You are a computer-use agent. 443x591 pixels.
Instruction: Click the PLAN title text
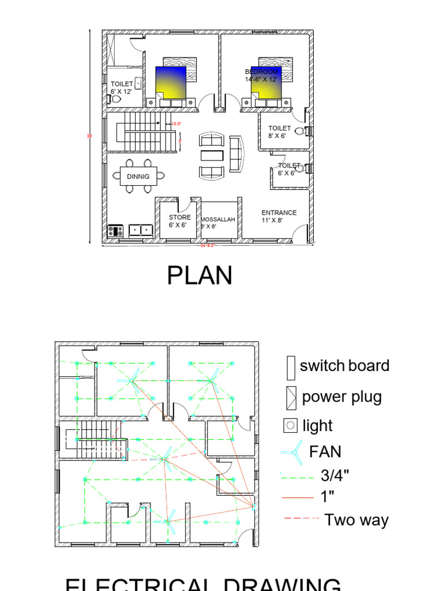[200, 276]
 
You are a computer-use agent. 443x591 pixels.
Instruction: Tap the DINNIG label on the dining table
[138, 176]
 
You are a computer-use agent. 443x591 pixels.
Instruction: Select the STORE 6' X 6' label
[179, 221]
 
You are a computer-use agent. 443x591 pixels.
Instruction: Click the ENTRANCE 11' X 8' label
[279, 216]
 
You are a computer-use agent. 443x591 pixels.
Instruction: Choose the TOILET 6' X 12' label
[122, 88]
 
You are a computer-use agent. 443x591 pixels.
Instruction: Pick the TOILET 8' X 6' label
[279, 132]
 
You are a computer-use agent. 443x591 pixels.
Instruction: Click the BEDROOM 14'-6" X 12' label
[261, 76]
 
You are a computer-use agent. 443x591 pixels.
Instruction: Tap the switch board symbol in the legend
[290, 366]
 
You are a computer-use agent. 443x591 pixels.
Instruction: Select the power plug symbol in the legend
[290, 398]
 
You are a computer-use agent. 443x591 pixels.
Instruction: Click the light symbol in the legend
[290, 427]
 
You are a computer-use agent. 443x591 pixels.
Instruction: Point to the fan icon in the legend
[291, 452]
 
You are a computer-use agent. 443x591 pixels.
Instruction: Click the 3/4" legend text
[335, 476]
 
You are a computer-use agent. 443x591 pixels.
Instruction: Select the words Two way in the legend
[356, 520]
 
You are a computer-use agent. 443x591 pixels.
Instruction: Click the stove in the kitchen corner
[115, 231]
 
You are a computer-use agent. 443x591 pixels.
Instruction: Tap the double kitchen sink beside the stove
[141, 230]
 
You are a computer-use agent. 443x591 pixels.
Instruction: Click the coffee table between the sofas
[211, 156]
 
